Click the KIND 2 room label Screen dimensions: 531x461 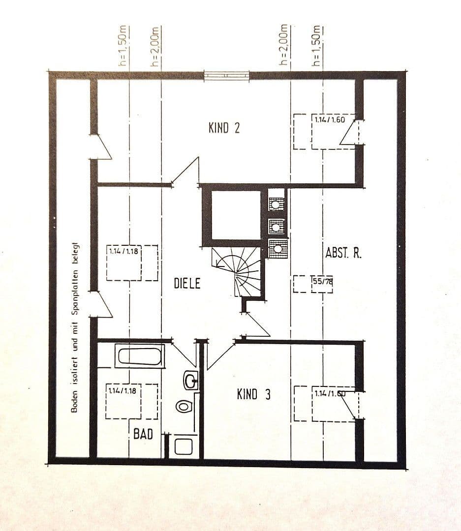pos(224,128)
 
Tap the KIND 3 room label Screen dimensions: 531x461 pos(253,394)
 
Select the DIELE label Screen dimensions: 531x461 pos(187,284)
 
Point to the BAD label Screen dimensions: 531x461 pos(143,434)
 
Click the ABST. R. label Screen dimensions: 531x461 pos(343,253)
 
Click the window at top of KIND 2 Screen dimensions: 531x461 pos(227,76)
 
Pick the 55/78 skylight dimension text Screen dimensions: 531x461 pos(323,281)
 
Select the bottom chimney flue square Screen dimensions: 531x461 pos(277,248)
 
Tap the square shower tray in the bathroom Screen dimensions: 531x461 pos(184,446)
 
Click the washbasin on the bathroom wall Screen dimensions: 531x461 pos(190,379)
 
